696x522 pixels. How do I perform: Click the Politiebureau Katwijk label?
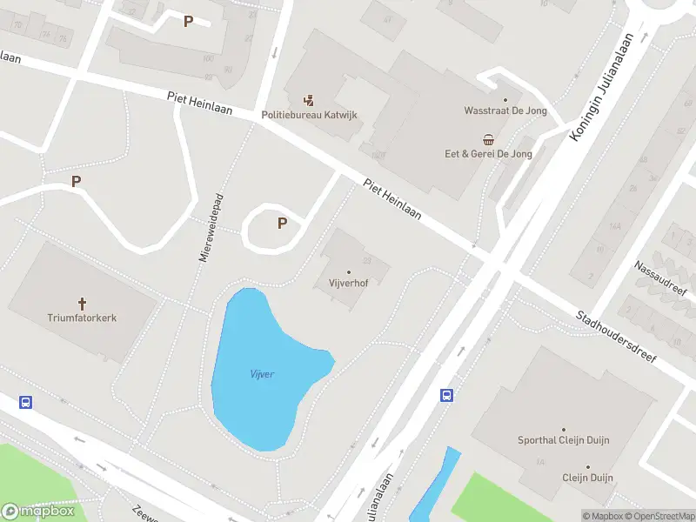click(x=309, y=115)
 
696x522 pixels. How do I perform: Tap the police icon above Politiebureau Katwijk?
click(x=309, y=100)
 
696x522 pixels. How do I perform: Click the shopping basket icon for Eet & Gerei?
click(x=488, y=139)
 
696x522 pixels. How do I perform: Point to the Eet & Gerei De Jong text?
click(x=488, y=154)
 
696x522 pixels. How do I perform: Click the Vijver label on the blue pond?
click(x=262, y=374)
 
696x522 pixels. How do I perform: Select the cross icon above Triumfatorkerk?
click(x=83, y=304)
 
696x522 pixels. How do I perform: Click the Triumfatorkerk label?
click(x=83, y=318)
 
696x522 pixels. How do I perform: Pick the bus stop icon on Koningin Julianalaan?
click(x=447, y=396)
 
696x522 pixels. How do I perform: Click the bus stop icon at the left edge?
click(x=26, y=403)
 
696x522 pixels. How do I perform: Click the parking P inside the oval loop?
click(x=282, y=224)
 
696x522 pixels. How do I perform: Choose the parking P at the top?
click(x=188, y=21)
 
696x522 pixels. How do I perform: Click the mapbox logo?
click(x=38, y=512)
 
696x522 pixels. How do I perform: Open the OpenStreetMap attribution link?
click(x=660, y=516)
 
